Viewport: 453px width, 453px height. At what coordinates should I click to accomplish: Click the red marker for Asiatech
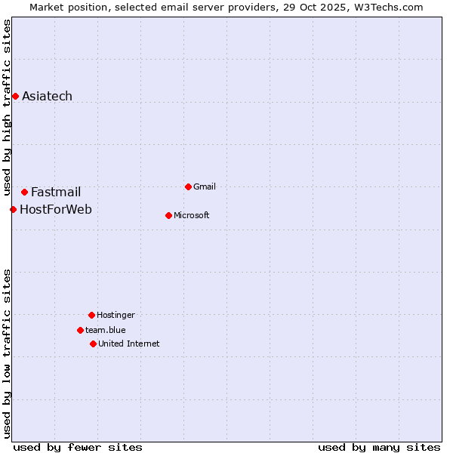(x=15, y=96)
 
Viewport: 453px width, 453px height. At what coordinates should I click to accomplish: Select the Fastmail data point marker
(x=24, y=192)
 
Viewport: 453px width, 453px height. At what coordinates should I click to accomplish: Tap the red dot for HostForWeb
(x=13, y=209)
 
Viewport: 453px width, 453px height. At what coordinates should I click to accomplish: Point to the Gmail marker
(x=188, y=186)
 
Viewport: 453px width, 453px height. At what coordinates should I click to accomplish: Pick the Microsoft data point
(x=168, y=215)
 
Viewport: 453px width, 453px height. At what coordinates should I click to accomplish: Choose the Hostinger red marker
(x=91, y=315)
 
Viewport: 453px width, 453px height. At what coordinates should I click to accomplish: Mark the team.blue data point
(x=80, y=330)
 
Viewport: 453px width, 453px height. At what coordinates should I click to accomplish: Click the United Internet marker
(x=93, y=344)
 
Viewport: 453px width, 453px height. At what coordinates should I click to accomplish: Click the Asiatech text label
(x=47, y=96)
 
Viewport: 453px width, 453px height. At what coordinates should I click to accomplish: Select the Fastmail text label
(x=56, y=192)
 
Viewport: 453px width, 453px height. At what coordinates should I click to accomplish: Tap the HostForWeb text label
(x=56, y=209)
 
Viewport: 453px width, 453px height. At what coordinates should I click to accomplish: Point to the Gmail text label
(x=205, y=186)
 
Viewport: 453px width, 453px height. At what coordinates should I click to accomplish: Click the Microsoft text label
(x=192, y=215)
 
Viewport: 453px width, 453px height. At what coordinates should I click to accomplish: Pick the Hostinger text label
(x=116, y=315)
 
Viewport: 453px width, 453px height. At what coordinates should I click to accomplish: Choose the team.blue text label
(x=106, y=330)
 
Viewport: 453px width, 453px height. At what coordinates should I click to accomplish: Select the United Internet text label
(x=129, y=344)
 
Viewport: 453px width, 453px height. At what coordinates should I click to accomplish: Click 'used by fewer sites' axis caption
(x=78, y=447)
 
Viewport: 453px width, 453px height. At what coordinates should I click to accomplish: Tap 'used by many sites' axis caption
(x=379, y=447)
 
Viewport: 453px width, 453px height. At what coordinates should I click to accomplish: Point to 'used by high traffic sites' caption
(x=7, y=106)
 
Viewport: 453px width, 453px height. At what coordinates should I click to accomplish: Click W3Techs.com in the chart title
(x=387, y=7)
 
